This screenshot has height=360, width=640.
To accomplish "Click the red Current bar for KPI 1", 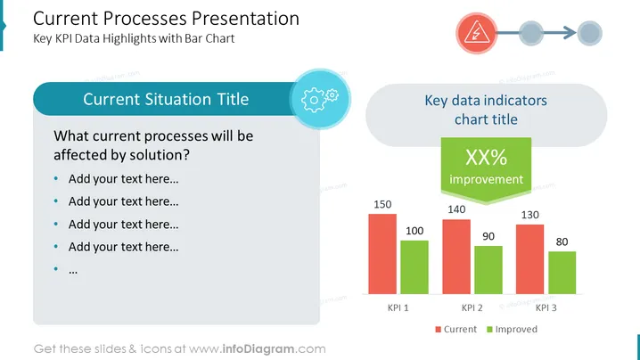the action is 382,254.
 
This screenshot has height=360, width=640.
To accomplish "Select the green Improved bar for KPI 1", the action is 414,267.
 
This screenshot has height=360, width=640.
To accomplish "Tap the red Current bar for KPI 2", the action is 456,257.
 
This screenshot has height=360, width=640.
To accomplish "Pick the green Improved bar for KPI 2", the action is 488,270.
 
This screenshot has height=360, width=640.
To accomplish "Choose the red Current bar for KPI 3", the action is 529,259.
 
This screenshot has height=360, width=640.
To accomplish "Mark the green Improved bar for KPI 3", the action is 562,273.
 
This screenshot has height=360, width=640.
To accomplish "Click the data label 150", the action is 382,204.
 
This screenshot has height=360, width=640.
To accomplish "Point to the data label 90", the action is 488,236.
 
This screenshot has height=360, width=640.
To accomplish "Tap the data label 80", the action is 562,242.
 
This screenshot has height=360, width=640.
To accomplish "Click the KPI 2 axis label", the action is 472,307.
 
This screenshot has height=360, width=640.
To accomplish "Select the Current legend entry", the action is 455,330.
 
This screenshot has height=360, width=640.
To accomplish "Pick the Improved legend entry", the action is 512,330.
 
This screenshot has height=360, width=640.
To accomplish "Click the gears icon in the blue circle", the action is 320,99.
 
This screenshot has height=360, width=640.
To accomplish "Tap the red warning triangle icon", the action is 476,33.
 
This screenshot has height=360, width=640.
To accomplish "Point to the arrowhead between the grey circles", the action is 570,33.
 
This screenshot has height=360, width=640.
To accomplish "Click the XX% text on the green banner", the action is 486,157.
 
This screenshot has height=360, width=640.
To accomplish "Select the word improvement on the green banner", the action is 486,179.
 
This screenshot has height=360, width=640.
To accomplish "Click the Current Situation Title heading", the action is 166,99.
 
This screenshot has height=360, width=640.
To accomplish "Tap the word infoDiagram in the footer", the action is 258,349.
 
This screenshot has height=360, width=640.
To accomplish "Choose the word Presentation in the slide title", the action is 245,19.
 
